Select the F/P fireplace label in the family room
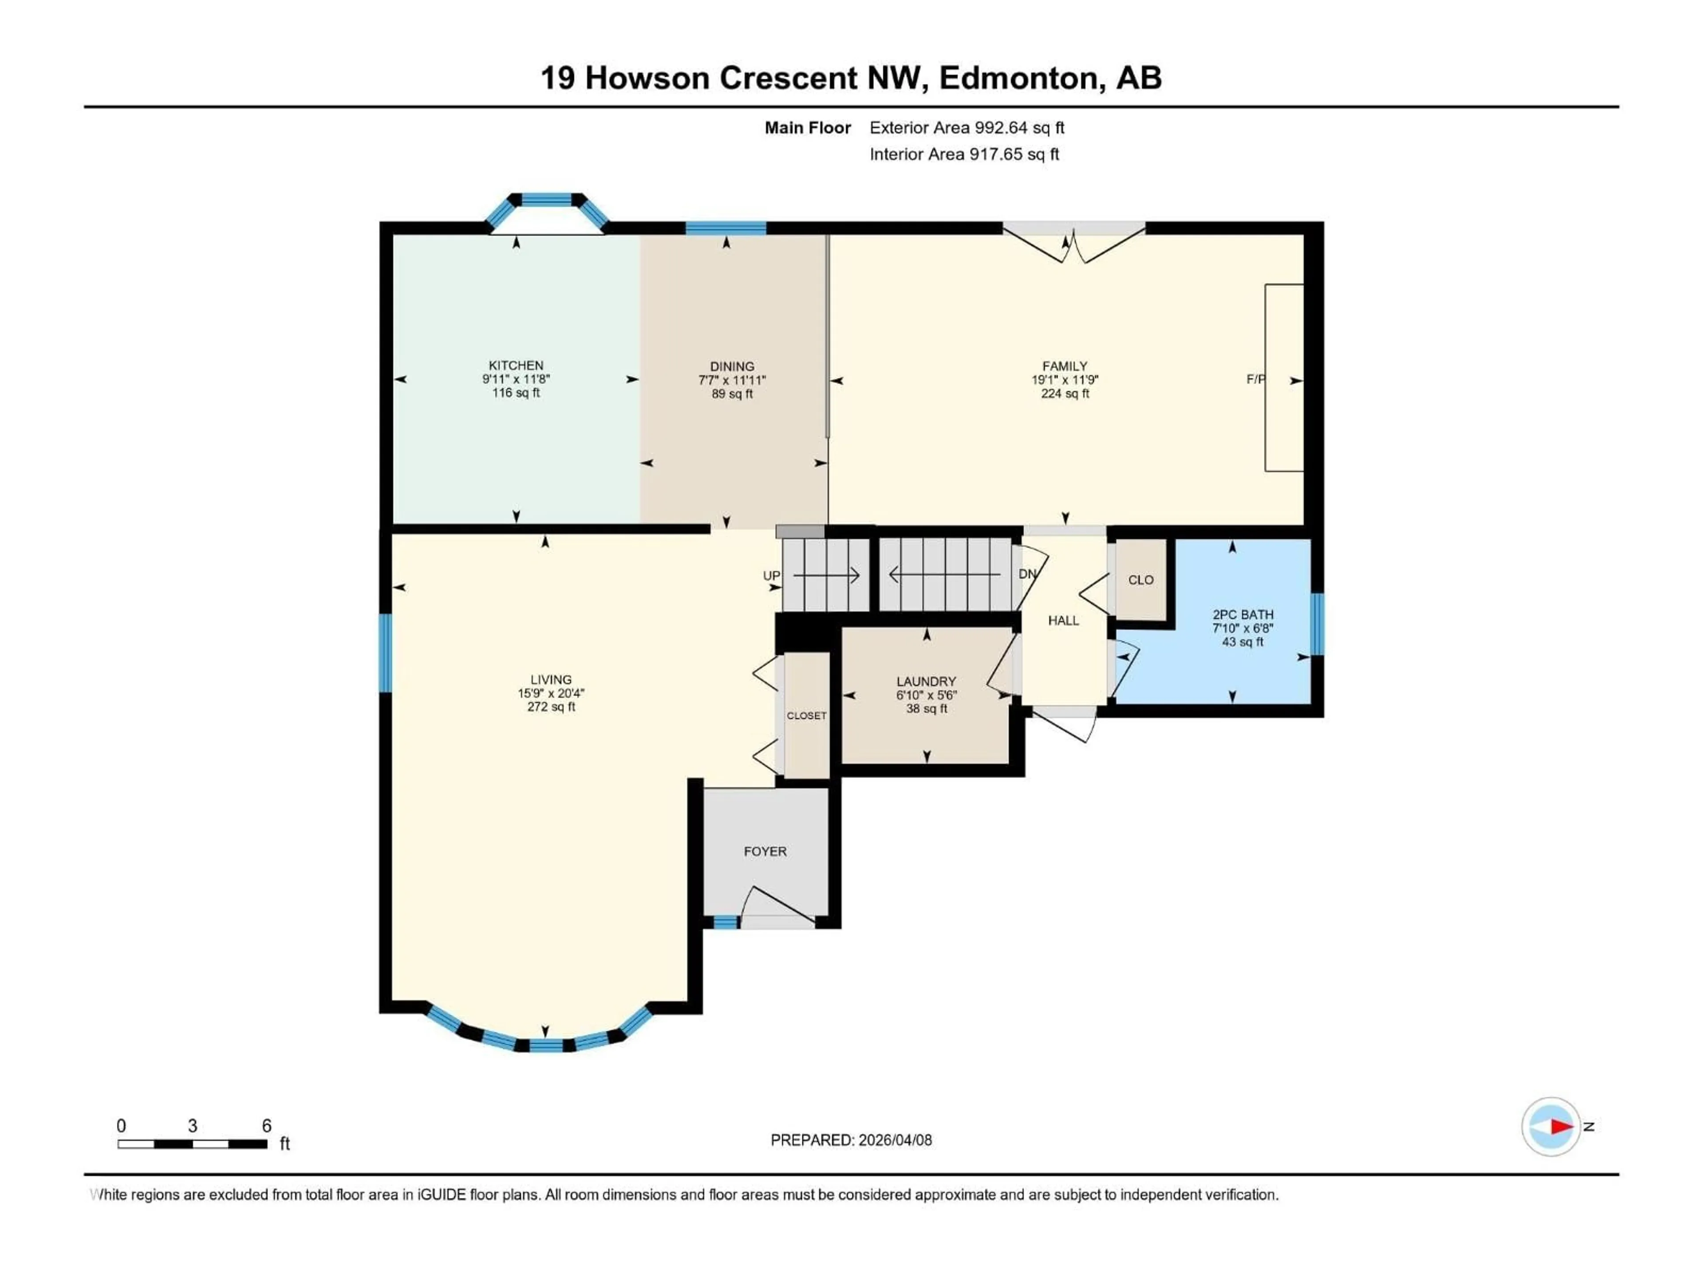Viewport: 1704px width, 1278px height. pyautogui.click(x=1255, y=379)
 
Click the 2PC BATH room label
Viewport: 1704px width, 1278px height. pyautogui.click(x=1242, y=615)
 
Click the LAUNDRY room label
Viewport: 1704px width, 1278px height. pyautogui.click(x=926, y=681)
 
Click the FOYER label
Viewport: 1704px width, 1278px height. pyautogui.click(x=765, y=851)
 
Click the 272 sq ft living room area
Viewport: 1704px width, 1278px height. pyautogui.click(x=551, y=706)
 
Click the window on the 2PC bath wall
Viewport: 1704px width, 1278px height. pyautogui.click(x=1317, y=624)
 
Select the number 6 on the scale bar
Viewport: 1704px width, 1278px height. pyautogui.click(x=267, y=1125)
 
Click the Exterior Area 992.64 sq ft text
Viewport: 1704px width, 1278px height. pyautogui.click(x=967, y=128)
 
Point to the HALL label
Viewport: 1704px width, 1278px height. pyautogui.click(x=1063, y=620)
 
